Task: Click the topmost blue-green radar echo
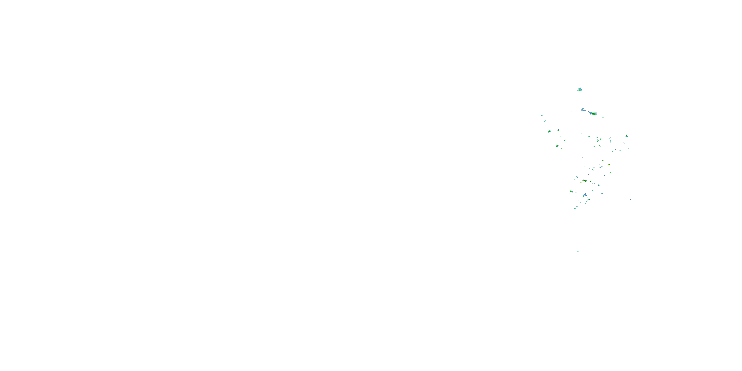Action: (x=580, y=89)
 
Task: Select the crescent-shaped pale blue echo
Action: (x=583, y=110)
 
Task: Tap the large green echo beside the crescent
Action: (x=593, y=114)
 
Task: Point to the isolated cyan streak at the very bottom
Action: (x=578, y=252)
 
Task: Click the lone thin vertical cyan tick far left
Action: (x=525, y=174)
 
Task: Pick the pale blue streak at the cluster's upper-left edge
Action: (x=542, y=115)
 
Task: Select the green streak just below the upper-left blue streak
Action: (x=545, y=121)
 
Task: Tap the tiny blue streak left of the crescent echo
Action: (x=572, y=112)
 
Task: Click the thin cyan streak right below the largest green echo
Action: (x=603, y=117)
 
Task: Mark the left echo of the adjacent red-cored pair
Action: (x=583, y=181)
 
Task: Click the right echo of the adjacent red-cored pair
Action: (x=586, y=181)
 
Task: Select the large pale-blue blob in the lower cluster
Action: (x=585, y=195)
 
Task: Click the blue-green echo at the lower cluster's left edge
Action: (x=571, y=191)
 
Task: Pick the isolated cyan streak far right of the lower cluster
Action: (x=630, y=199)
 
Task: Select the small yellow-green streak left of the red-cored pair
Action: (x=577, y=177)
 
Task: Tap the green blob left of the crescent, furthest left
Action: (x=549, y=131)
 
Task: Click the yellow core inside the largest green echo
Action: (x=594, y=114)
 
